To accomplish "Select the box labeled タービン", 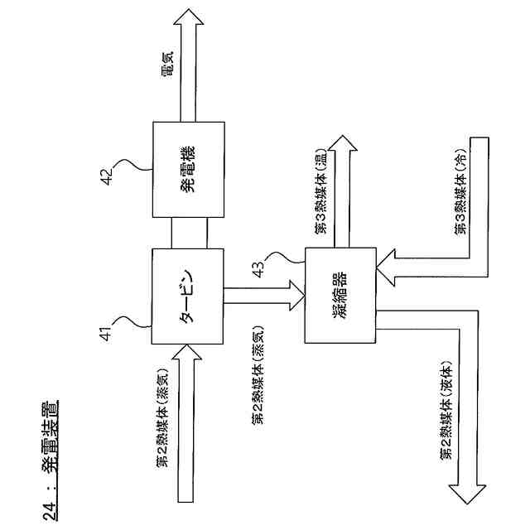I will (x=187, y=296).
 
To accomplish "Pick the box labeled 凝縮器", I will (x=340, y=296).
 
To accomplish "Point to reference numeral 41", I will (x=105, y=334).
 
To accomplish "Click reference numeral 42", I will (x=105, y=177).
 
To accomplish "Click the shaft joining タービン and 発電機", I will (x=187, y=233).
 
